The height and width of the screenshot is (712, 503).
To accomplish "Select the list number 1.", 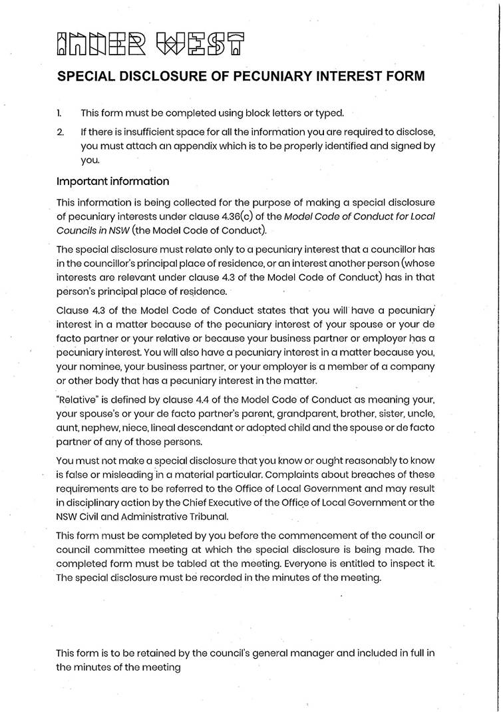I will [59, 113].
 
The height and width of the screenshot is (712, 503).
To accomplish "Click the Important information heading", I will [112, 181].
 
